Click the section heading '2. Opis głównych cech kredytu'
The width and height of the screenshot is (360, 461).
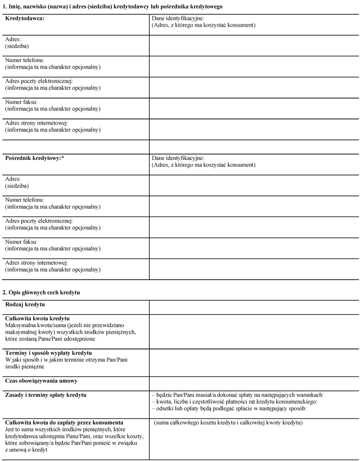click(x=41, y=292)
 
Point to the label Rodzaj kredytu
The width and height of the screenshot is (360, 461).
click(x=26, y=305)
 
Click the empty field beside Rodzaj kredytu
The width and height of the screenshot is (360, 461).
click(x=254, y=307)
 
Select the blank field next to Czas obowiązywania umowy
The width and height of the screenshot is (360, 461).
click(x=254, y=383)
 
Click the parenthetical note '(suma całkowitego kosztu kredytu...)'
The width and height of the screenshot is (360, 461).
click(x=228, y=422)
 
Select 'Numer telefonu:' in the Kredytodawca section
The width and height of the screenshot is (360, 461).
click(x=25, y=60)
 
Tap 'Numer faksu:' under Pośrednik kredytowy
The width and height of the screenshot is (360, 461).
click(x=21, y=242)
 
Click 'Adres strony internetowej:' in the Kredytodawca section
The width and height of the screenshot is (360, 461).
click(x=36, y=123)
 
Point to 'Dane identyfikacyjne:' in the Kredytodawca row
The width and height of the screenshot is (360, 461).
click(x=177, y=19)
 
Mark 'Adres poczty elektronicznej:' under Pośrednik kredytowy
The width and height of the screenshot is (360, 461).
click(x=39, y=221)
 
